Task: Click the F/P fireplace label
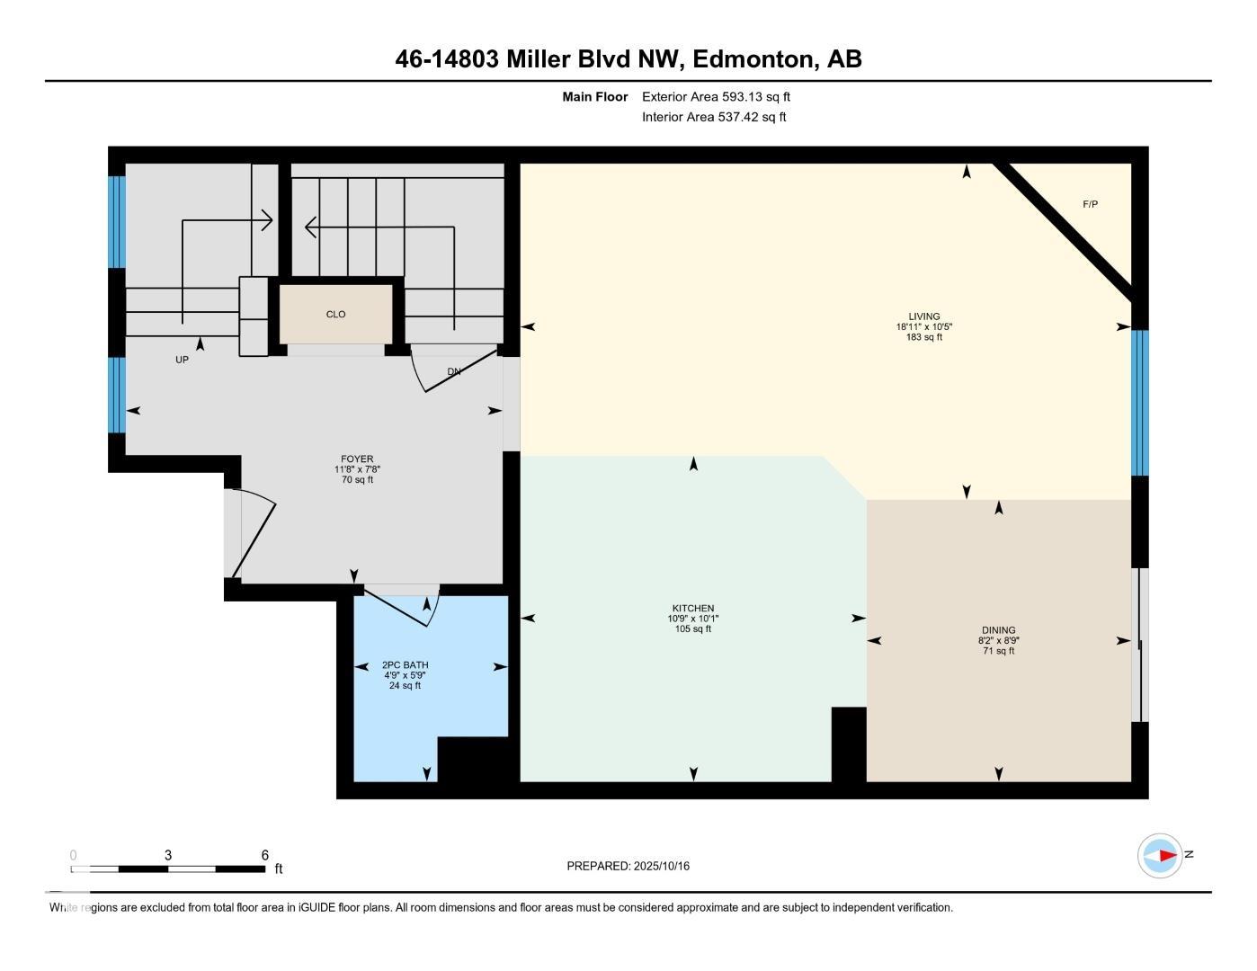1090,204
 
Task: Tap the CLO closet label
335,315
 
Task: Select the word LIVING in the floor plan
923,316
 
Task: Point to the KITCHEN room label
693,609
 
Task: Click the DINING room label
998,630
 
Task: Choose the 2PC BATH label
405,665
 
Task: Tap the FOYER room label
357,459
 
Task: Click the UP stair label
182,360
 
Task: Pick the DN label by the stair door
454,372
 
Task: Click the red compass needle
1168,855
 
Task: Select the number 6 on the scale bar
265,855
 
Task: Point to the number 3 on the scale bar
168,855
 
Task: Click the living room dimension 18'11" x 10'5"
923,326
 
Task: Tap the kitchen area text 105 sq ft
693,628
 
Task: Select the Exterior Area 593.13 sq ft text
716,96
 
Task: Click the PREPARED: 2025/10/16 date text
628,866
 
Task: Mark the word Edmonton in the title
753,59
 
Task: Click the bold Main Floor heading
594,96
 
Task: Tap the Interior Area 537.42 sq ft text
714,117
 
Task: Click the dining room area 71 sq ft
998,651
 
